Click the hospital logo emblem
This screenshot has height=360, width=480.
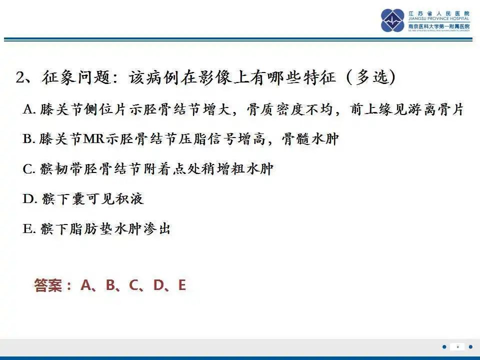(392, 20)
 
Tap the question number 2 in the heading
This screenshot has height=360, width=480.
(20, 78)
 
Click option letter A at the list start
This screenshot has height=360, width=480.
(28, 110)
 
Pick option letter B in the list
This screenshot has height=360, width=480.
(28, 139)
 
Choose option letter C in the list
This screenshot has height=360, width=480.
(28, 169)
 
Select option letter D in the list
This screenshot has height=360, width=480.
(28, 199)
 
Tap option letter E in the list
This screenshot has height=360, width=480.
(28, 229)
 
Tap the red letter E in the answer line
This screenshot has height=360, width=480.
(181, 285)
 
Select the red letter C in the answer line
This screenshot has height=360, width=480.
(134, 285)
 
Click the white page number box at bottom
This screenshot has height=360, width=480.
(457, 346)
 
